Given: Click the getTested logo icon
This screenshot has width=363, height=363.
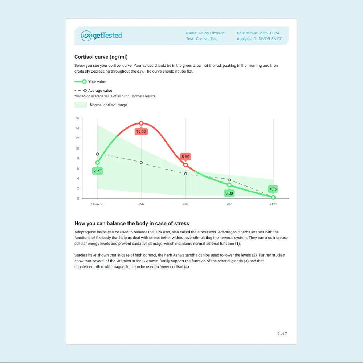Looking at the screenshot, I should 86,36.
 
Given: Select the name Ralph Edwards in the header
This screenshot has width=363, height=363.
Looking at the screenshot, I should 212,33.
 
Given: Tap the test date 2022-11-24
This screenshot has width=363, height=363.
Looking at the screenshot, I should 269,33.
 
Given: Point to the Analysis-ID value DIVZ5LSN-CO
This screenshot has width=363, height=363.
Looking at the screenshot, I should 270,39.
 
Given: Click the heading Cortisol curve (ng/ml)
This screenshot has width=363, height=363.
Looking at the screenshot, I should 101,57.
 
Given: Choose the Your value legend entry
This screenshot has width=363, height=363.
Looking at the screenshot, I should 97,82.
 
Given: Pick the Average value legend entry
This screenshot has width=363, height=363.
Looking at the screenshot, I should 100,91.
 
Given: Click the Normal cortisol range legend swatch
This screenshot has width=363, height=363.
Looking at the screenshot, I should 81,105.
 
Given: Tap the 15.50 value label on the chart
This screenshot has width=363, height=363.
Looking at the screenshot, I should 141,131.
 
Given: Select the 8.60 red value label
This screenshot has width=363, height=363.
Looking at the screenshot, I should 185,157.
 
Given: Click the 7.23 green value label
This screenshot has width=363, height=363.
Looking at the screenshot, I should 97,171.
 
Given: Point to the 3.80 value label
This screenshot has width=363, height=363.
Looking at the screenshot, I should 229,193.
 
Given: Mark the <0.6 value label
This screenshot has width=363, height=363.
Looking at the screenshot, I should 273,189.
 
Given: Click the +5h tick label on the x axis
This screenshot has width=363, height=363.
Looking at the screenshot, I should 185,204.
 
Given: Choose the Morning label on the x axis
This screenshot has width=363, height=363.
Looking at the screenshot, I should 97,204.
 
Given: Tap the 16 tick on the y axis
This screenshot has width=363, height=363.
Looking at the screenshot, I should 77,118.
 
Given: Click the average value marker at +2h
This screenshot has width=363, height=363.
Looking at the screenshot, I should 141,163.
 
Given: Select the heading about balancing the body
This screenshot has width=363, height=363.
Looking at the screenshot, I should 132,224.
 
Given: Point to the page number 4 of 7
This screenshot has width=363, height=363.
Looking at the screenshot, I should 282,334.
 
